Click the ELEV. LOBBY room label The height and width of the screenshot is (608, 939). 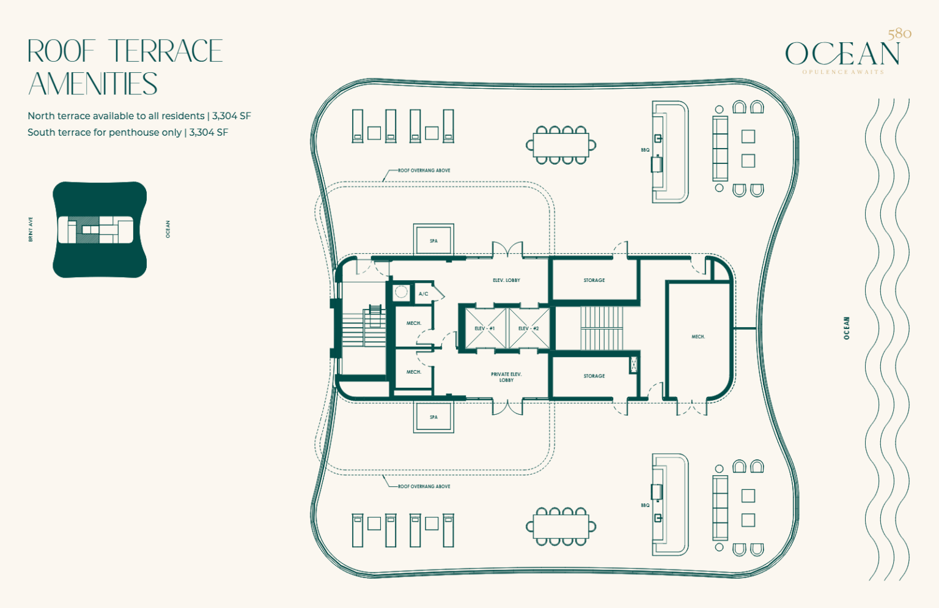click(506, 280)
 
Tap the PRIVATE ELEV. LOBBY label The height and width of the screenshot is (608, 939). click(506, 377)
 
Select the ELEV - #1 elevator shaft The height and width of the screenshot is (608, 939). click(485, 328)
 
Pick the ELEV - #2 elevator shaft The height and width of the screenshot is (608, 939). click(529, 328)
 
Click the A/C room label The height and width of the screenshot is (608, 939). click(423, 294)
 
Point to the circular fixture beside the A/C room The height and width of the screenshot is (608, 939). click(401, 292)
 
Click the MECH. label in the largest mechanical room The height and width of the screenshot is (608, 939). click(698, 336)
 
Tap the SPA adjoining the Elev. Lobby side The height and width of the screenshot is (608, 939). click(433, 240)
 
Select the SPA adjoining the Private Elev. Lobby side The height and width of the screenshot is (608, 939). click(433, 417)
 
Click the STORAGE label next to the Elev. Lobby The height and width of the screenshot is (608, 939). click(594, 280)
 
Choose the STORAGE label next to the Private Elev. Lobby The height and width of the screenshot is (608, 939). click(594, 376)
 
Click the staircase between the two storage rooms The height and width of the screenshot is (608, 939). click(602, 328)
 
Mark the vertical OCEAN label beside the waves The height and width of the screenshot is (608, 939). click(846, 328)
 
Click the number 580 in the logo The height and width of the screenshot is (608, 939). click(899, 34)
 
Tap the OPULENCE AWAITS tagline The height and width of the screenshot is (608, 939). click(843, 72)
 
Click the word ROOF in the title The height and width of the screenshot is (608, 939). click(62, 51)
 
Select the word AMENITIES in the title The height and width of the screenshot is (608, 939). click(93, 84)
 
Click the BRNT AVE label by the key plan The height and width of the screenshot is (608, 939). click(31, 229)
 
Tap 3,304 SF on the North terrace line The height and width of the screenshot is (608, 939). click(231, 116)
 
